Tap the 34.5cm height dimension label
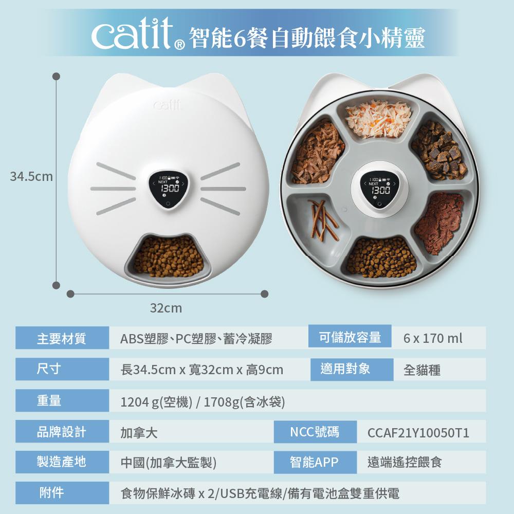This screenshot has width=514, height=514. [x=31, y=177]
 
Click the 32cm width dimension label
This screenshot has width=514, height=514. [x=166, y=308]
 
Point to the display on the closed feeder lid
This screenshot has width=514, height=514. [x=168, y=190]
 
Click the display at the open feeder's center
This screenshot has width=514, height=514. [x=380, y=191]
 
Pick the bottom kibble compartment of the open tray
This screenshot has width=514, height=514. [x=380, y=258]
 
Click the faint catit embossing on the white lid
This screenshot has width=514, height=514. [x=167, y=104]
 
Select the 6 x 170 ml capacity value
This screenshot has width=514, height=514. [x=433, y=338]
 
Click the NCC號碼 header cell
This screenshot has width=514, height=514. [x=315, y=432]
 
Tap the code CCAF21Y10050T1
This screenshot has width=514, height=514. [x=418, y=433]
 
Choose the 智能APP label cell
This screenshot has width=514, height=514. [x=315, y=462]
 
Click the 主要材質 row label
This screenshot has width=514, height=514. [x=62, y=338]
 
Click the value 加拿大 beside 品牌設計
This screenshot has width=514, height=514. [x=139, y=433]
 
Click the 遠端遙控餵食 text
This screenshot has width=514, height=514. [x=405, y=462]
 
